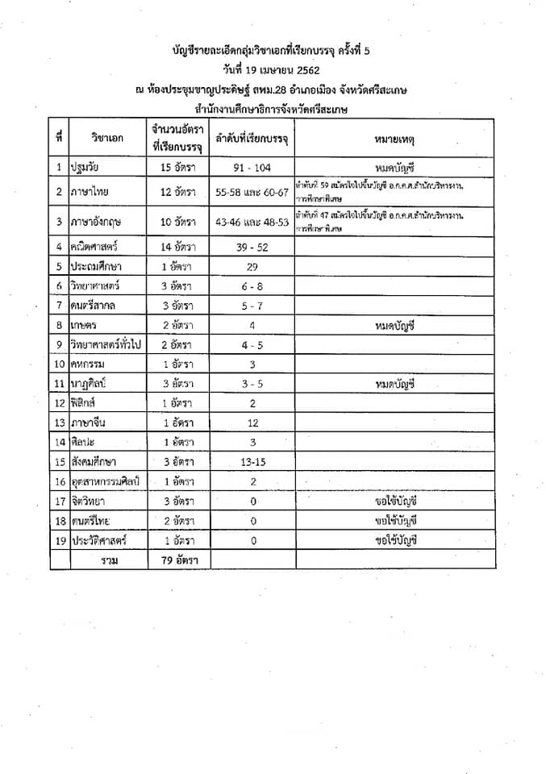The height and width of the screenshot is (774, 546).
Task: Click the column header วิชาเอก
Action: (106, 139)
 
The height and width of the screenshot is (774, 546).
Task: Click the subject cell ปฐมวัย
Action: (90, 169)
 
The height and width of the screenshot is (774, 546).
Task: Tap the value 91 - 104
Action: (252, 169)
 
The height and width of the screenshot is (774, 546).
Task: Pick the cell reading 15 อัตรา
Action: (177, 169)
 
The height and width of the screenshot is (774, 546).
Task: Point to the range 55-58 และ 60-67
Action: (252, 192)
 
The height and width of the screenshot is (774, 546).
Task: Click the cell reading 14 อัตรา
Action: (177, 247)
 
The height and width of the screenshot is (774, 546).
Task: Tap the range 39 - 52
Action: (252, 247)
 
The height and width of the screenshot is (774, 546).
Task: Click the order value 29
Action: (252, 266)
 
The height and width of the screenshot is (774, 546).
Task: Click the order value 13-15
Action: (252, 462)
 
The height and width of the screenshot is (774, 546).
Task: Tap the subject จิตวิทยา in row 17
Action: (91, 501)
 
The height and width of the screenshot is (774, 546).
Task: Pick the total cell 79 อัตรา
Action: (177, 560)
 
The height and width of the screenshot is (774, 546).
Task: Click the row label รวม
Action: (106, 560)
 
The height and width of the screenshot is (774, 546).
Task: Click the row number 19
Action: (59, 540)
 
